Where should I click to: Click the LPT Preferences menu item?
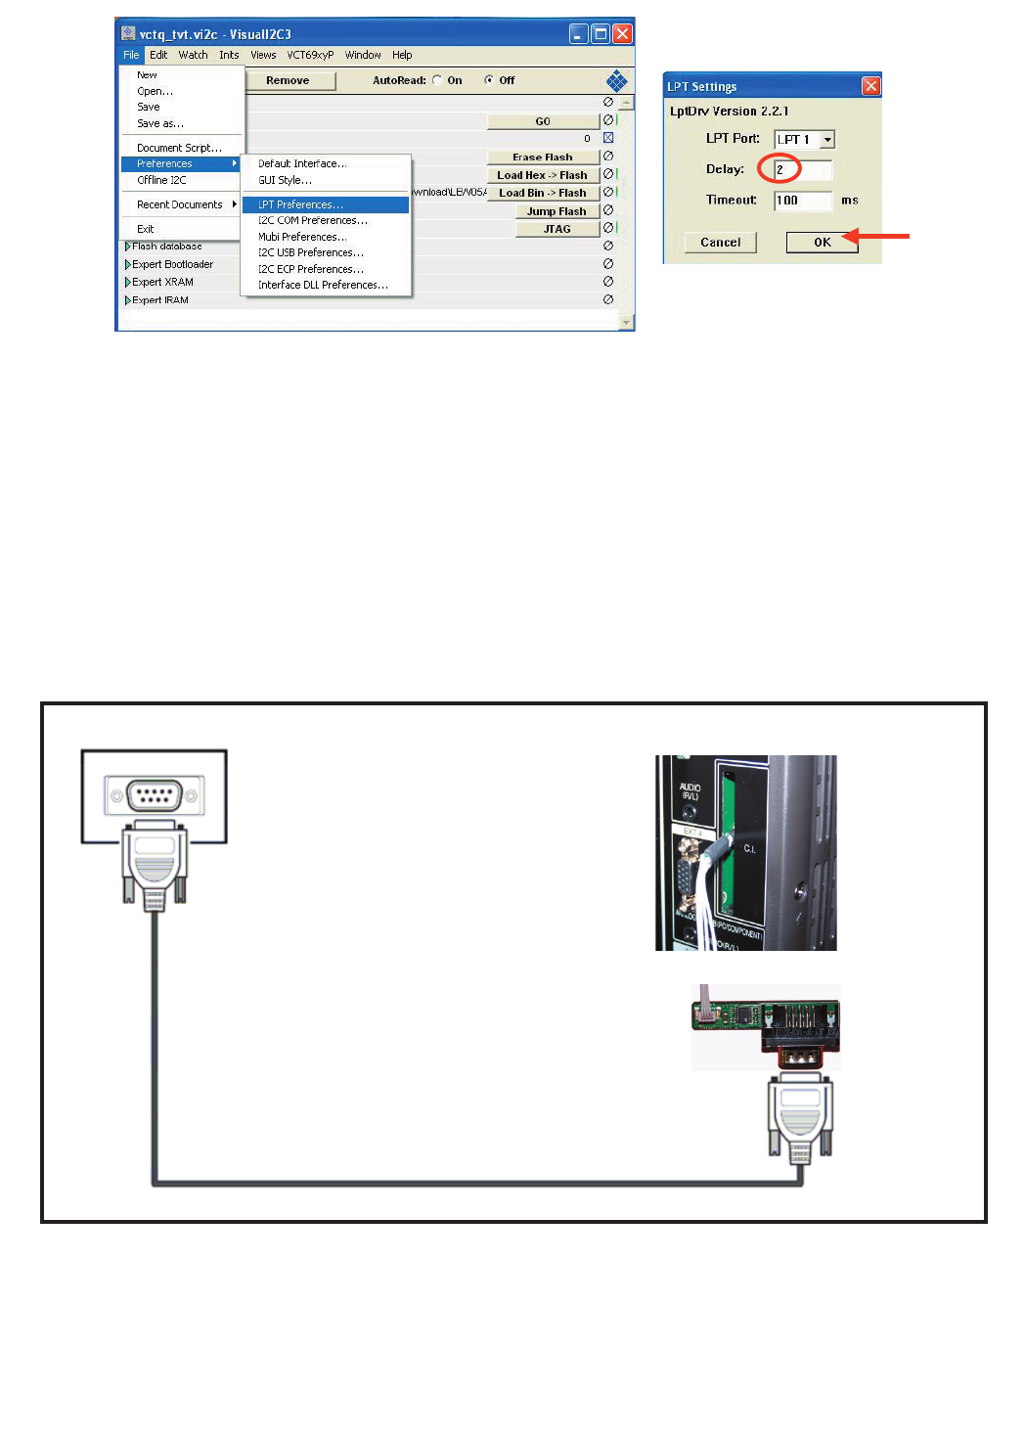[300, 204]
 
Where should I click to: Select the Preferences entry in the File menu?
[164, 163]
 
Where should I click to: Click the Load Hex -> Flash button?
[543, 175]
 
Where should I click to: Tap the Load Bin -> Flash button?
[543, 193]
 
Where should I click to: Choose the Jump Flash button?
[557, 211]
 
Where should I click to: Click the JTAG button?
[557, 229]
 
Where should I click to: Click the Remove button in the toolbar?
[288, 81]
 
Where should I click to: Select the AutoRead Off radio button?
[489, 80]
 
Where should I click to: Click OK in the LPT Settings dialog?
[822, 243]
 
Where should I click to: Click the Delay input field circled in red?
[802, 169]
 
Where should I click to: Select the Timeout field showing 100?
[802, 201]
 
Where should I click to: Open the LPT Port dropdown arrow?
[827, 140]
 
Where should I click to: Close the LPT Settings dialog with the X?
[870, 86]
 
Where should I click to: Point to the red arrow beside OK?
[876, 236]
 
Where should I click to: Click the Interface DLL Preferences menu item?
[323, 285]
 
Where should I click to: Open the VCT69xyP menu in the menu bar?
[310, 55]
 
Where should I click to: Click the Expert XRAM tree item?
[162, 282]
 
